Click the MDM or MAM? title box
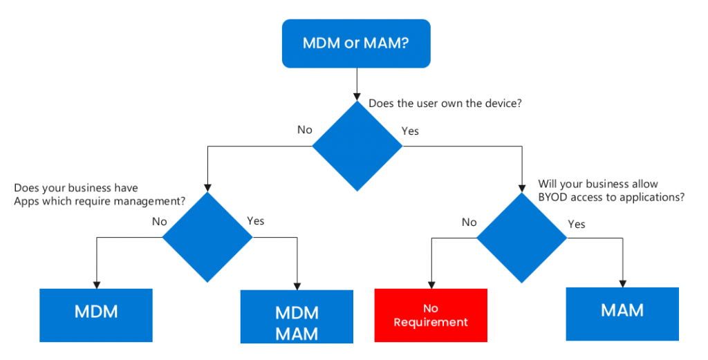tap(357, 43)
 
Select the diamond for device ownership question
tap(357, 146)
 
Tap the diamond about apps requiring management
tap(207, 236)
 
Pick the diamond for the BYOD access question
tap(523, 236)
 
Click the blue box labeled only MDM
tap(96, 312)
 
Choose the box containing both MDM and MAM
tap(297, 322)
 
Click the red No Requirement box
tap(431, 315)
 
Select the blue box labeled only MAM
tap(622, 310)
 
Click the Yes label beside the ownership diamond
tap(410, 131)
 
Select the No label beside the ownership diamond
tap(305, 130)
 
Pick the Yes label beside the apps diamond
tap(255, 221)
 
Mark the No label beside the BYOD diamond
tap(469, 222)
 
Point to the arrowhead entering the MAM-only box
tap(622, 283)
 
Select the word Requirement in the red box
tap(431, 322)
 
